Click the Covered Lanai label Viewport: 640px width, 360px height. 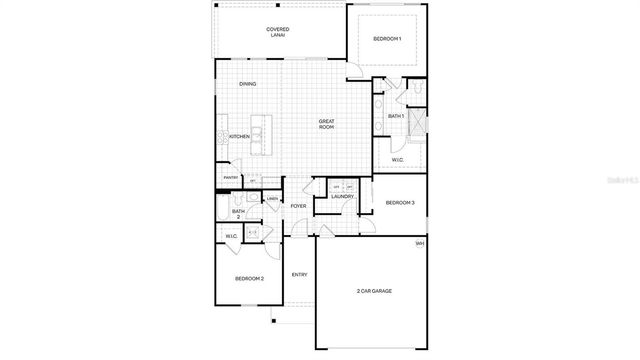pyautogui.click(x=278, y=32)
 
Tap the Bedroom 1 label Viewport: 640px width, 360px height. pyautogui.click(x=387, y=39)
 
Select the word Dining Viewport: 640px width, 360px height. pyautogui.click(x=247, y=84)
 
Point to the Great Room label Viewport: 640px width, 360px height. pyautogui.click(x=326, y=124)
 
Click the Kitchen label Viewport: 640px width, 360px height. pyautogui.click(x=239, y=136)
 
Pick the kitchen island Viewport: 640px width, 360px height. pyautogui.click(x=262, y=134)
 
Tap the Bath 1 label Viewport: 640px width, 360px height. pyautogui.click(x=395, y=116)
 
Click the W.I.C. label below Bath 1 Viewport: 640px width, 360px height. pyautogui.click(x=396, y=159)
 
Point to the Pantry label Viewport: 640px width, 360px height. pyautogui.click(x=230, y=179)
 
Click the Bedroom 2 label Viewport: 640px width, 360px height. pyautogui.click(x=249, y=278)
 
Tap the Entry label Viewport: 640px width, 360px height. pyautogui.click(x=299, y=274)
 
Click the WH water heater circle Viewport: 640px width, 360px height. pyautogui.click(x=419, y=244)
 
